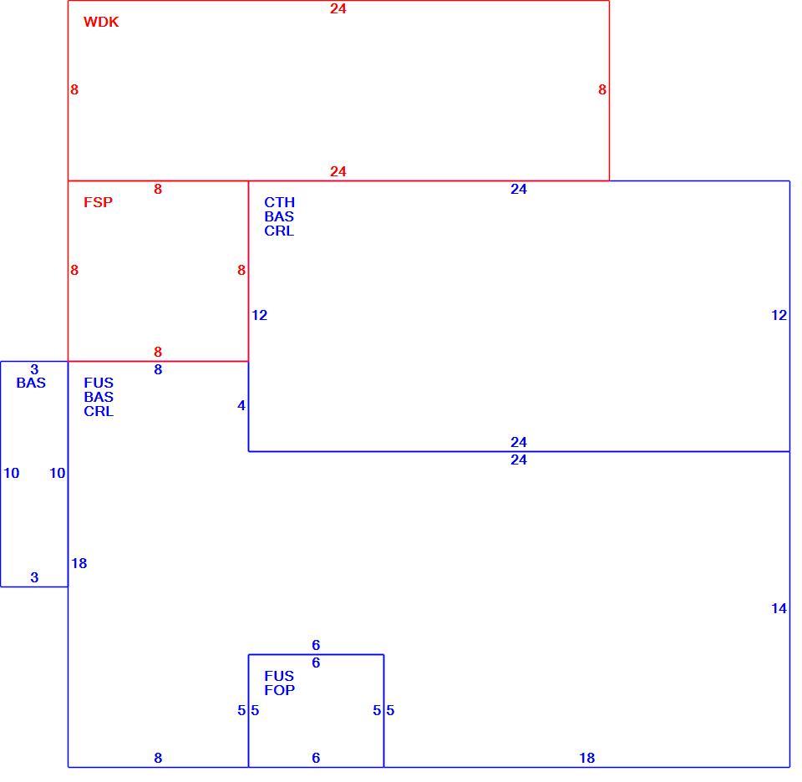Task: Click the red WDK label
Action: pyautogui.click(x=101, y=22)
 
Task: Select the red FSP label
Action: pyautogui.click(x=99, y=202)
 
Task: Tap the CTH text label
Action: pyautogui.click(x=279, y=202)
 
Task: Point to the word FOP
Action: pyautogui.click(x=279, y=690)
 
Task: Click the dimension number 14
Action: pyautogui.click(x=779, y=608)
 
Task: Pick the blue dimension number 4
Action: pyautogui.click(x=241, y=405)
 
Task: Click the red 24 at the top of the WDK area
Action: pyautogui.click(x=338, y=8)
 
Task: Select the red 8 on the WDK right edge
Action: pyautogui.click(x=602, y=89)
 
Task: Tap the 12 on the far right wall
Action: pyautogui.click(x=779, y=315)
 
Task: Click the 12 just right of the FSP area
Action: pyautogui.click(x=259, y=315)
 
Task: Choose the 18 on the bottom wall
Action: pyautogui.click(x=586, y=758)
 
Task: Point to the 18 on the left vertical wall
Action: pyautogui.click(x=79, y=563)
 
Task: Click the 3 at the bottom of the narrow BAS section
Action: pyautogui.click(x=34, y=577)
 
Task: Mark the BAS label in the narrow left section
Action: pyautogui.click(x=31, y=383)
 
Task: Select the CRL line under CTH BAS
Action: pyautogui.click(x=279, y=231)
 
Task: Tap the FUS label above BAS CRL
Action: pyautogui.click(x=99, y=383)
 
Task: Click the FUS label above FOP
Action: pyautogui.click(x=279, y=676)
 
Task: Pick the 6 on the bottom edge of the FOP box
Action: pyautogui.click(x=316, y=758)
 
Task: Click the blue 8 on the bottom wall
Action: pyautogui.click(x=158, y=758)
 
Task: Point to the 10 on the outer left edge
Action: pyautogui.click(x=11, y=473)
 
